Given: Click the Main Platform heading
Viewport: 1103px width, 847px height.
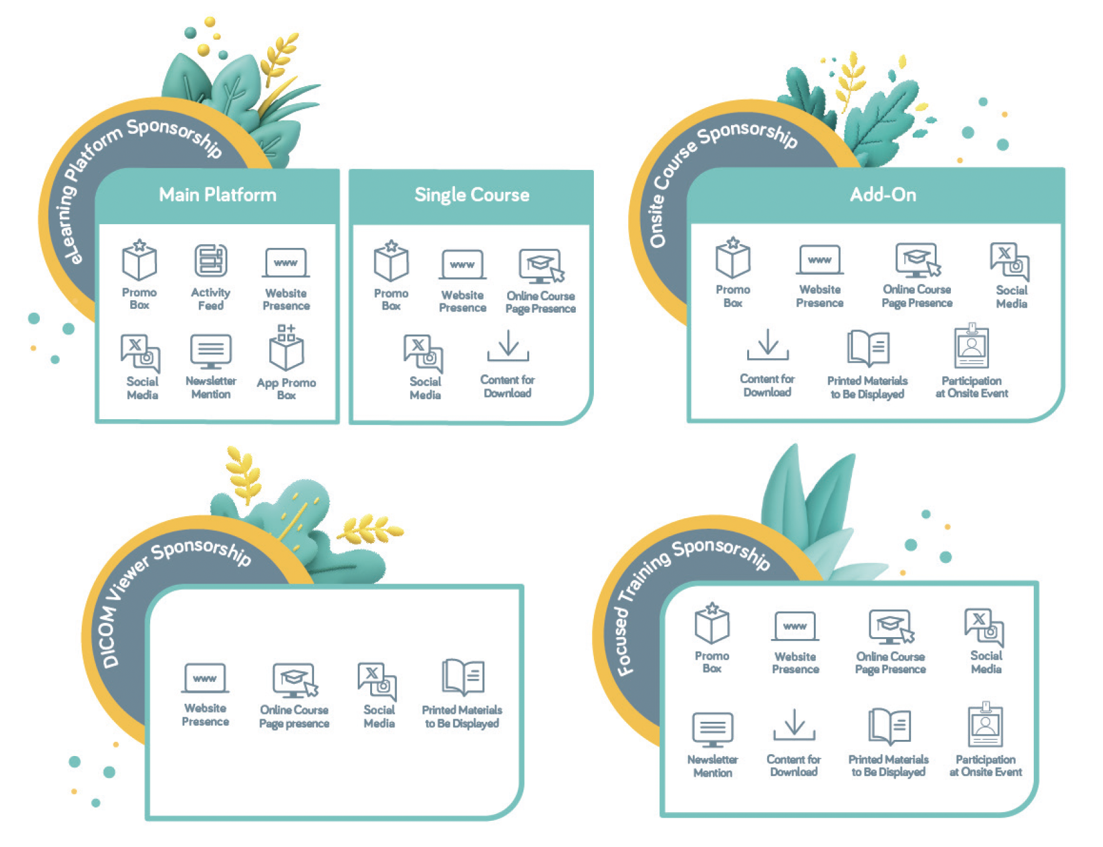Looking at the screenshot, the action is coord(217,195).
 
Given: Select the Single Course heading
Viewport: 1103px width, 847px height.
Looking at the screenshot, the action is coord(472,196).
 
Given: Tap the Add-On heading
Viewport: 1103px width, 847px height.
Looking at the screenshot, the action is coord(883,195).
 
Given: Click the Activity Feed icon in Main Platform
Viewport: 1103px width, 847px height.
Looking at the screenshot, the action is coord(211,260).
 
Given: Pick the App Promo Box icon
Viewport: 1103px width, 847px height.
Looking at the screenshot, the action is coord(287,347).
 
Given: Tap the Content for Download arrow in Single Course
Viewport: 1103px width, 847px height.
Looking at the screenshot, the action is coord(509,346).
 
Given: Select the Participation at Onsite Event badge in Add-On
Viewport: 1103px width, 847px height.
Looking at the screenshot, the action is coord(972,346).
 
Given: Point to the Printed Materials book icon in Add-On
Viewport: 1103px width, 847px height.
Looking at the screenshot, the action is coord(868,348).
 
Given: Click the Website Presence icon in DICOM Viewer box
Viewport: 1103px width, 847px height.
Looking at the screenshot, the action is coord(205,678).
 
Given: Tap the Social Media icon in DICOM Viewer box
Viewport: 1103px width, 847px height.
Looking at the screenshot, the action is coord(378,681).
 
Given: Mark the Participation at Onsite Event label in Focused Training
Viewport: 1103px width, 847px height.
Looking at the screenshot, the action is coord(986,766).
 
